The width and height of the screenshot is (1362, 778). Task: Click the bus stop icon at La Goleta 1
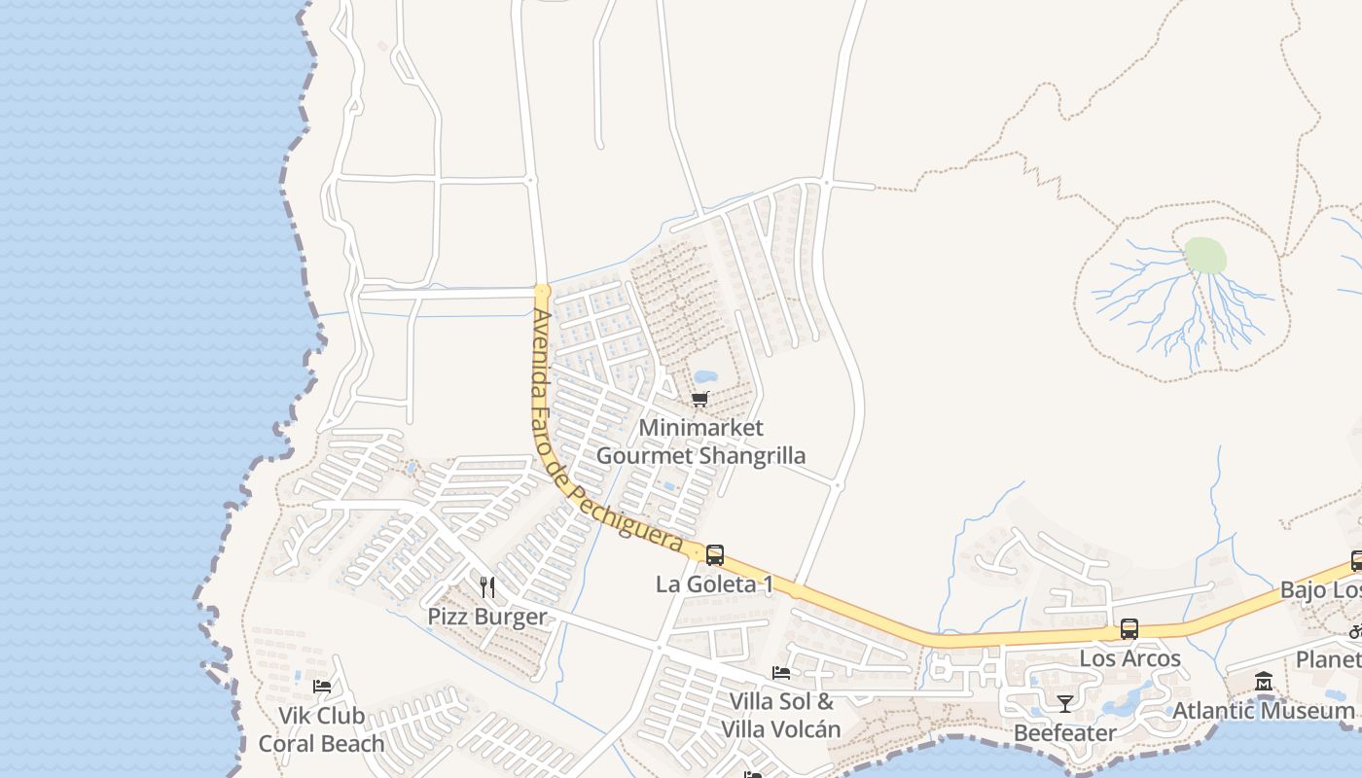point(715,555)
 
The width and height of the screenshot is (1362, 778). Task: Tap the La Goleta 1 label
point(715,584)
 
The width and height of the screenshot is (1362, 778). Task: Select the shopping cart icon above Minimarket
point(699,400)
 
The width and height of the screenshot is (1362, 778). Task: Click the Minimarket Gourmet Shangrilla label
point(700,442)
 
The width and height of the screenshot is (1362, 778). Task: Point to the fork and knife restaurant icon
point(487,587)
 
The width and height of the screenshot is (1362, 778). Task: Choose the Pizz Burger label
point(487,617)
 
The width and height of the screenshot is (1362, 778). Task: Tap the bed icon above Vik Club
point(322,687)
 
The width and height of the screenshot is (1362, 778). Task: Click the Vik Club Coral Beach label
point(321,729)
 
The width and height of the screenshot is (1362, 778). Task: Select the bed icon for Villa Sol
point(780,672)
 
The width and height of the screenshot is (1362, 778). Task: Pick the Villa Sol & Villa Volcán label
point(780,715)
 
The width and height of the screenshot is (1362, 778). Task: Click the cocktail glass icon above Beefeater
point(1065,703)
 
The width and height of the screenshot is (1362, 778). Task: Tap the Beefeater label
point(1065,732)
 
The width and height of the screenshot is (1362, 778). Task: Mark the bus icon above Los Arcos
point(1129,629)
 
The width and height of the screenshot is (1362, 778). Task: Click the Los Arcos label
point(1129,658)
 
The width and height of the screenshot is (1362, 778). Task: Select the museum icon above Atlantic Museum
point(1264,682)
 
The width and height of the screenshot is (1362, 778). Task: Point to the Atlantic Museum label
point(1263,711)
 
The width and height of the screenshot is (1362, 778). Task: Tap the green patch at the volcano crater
point(1205,256)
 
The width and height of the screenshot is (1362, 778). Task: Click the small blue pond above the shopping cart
point(704,376)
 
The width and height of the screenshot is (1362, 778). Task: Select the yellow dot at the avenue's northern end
point(542,290)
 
